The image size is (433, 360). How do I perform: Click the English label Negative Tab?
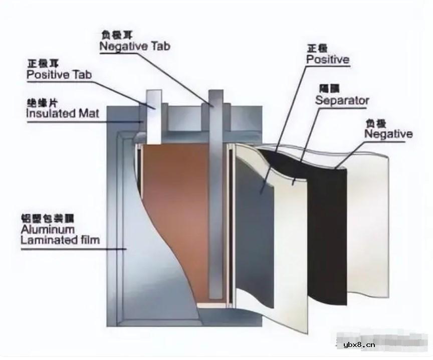135,47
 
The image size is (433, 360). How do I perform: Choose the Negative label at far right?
388,134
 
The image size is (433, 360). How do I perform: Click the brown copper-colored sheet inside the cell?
173,211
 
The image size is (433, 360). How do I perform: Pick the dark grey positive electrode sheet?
256,226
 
